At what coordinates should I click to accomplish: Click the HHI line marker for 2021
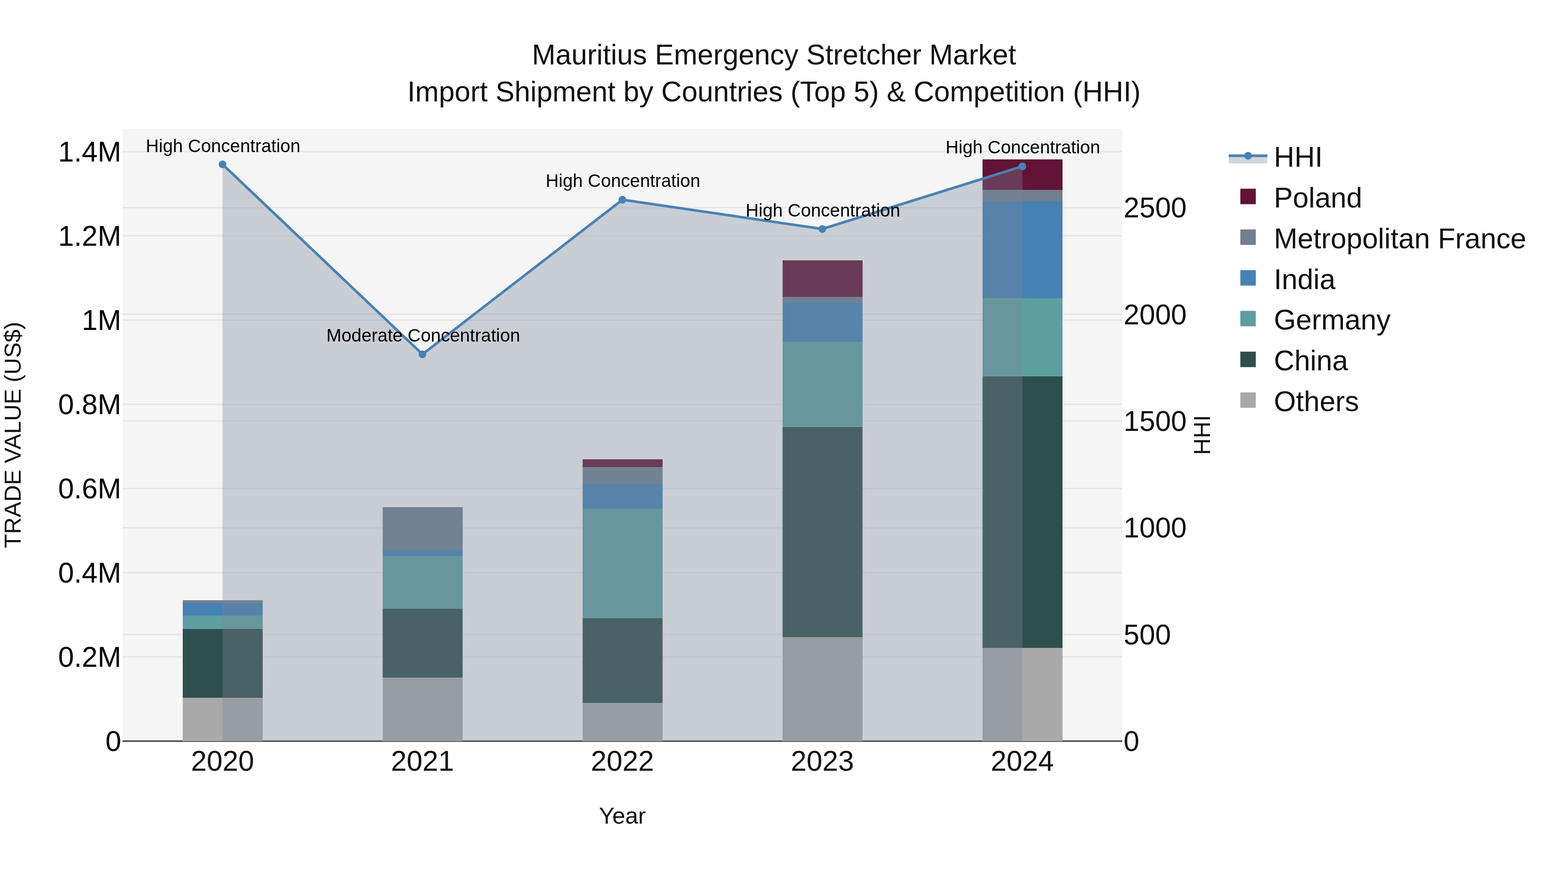tap(422, 355)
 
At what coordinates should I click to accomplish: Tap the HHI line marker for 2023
tap(822, 229)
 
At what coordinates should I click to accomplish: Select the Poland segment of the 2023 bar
tap(822, 278)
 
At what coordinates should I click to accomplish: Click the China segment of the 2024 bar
tap(1022, 512)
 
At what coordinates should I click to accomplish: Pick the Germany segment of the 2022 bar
tap(623, 563)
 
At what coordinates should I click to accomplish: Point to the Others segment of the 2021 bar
tap(422, 709)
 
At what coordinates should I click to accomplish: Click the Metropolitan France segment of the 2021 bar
tap(422, 528)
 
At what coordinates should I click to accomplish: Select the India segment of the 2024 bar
tap(1022, 250)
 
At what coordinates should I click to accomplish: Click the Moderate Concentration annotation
tap(422, 336)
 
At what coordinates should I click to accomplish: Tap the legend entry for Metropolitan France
tap(1399, 239)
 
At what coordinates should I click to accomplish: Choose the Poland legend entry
tap(1317, 198)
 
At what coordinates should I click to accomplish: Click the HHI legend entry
tap(1297, 157)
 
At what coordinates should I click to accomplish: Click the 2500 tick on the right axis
tap(1155, 208)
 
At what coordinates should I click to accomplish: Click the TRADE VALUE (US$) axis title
tap(13, 435)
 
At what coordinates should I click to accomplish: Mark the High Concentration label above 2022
tap(623, 181)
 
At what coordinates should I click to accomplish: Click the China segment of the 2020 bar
tap(222, 663)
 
